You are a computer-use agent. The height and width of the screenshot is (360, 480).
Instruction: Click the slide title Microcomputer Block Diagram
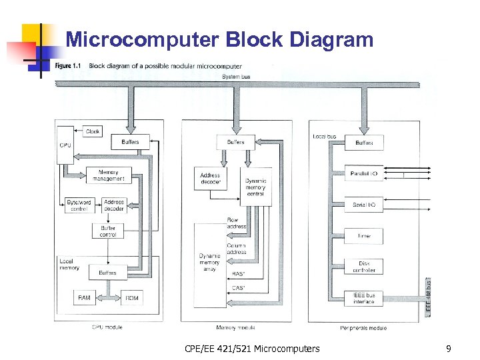click(219, 40)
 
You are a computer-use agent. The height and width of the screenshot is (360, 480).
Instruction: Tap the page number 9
click(449, 348)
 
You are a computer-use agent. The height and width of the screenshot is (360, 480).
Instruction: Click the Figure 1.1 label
click(69, 66)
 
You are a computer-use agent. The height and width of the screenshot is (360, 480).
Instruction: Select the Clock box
click(93, 131)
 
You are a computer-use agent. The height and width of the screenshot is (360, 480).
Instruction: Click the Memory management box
click(109, 175)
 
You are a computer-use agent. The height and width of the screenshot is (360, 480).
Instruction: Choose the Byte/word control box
click(79, 205)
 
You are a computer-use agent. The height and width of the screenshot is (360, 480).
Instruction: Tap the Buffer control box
click(108, 231)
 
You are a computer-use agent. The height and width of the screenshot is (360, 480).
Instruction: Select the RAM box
click(84, 297)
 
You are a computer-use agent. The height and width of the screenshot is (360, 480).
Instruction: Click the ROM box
click(132, 297)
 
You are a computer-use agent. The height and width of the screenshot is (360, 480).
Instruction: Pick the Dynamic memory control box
click(255, 187)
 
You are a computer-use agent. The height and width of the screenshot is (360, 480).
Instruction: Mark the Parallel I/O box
click(363, 173)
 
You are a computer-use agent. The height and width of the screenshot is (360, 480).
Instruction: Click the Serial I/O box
click(363, 205)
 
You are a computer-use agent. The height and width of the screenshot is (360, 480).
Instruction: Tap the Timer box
click(363, 235)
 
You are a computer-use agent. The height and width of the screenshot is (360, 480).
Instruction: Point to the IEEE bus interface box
click(363, 298)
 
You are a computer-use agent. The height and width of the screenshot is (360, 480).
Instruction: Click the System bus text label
click(236, 77)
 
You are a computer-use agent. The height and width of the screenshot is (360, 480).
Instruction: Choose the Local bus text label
click(324, 137)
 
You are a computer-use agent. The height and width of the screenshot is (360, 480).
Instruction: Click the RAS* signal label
click(237, 273)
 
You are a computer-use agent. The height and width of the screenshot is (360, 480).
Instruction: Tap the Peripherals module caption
click(363, 327)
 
